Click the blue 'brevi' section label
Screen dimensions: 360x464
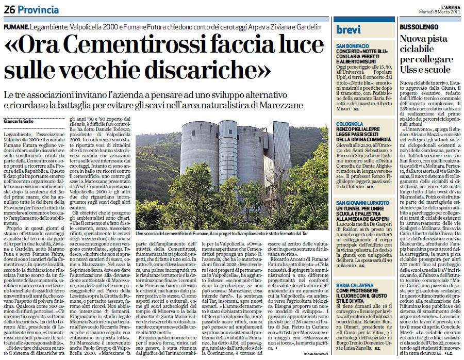click(349, 30)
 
